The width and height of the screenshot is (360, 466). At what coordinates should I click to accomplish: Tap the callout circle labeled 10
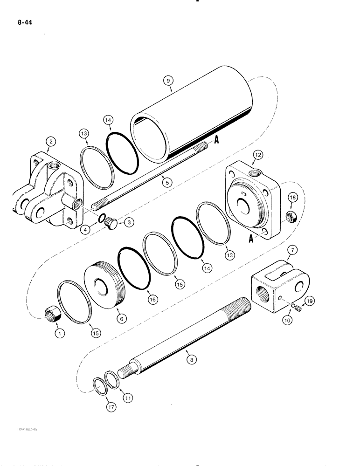tap(287, 321)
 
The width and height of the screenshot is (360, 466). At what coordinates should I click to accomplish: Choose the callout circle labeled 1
tap(59, 334)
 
